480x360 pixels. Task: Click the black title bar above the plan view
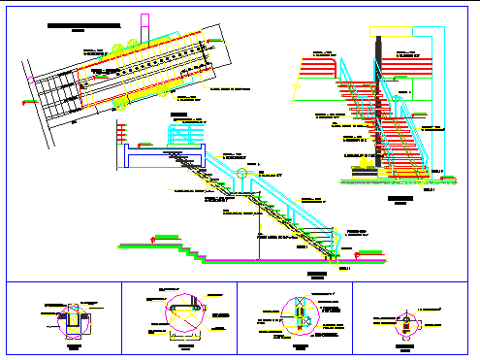pyautogui.click(x=84, y=21)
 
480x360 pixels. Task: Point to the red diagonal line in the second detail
pyautogui.click(x=183, y=313)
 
